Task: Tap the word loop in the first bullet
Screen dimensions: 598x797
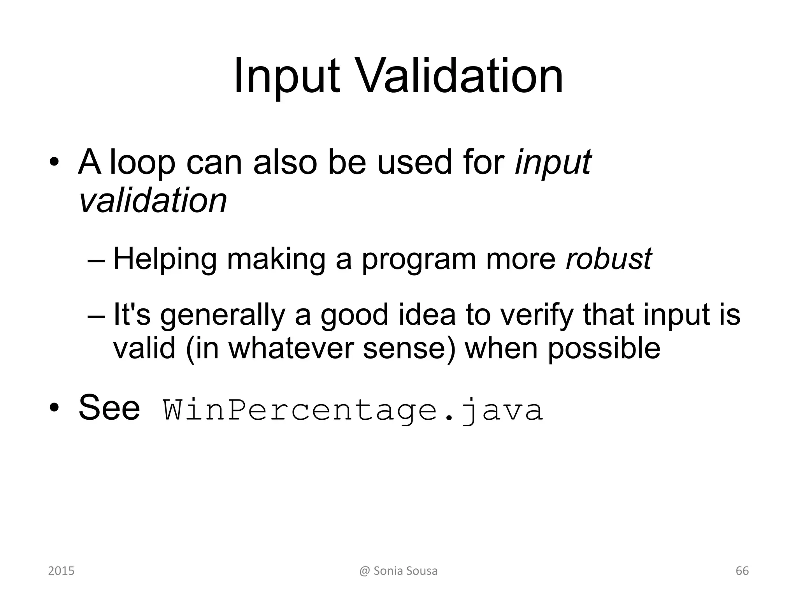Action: point(142,162)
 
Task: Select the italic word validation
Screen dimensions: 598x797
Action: point(153,201)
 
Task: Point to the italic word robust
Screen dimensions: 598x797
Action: point(609,259)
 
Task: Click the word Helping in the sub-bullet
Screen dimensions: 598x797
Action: point(165,260)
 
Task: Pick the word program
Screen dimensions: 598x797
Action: point(419,260)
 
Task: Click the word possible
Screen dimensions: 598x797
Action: point(604,348)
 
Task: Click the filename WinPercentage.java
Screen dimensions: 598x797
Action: point(353,410)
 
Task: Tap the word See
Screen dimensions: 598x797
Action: point(109,408)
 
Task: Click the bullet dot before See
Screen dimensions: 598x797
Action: point(54,408)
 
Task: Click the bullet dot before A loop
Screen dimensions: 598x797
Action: point(54,162)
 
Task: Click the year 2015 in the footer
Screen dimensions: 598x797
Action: point(61,571)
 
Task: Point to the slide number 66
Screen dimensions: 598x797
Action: point(742,571)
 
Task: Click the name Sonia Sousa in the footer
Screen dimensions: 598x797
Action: point(405,571)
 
